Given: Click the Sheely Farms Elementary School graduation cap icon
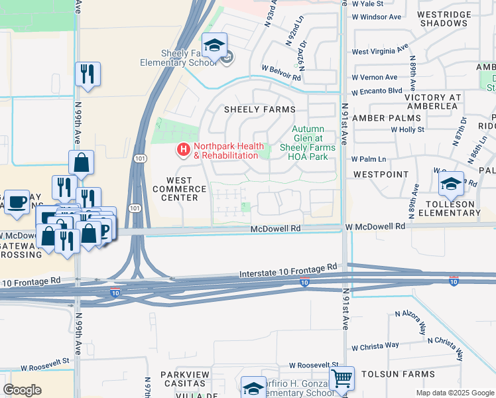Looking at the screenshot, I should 214,45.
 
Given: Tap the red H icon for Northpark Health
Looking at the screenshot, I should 183,151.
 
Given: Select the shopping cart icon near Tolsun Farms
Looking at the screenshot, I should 341,379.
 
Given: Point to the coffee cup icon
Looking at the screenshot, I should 17,201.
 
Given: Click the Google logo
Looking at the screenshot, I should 22,389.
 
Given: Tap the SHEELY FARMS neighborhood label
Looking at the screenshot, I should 259,109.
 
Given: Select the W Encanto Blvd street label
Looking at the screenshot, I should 377,92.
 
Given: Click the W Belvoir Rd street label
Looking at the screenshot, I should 281,68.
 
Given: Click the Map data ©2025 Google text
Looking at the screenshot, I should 454,393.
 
